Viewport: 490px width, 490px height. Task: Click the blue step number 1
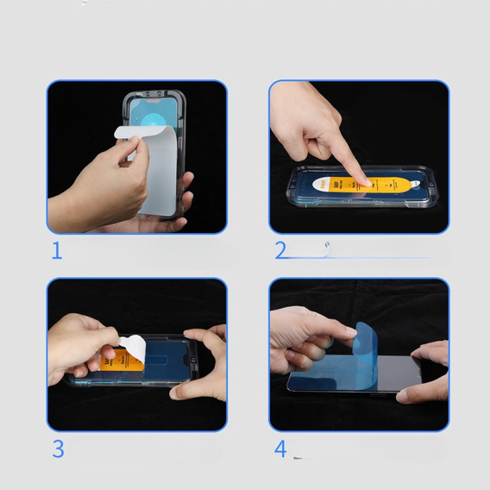click(57, 251)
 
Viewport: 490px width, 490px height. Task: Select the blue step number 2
click(280, 251)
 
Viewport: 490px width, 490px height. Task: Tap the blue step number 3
click(58, 449)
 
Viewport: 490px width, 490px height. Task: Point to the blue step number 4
click(280, 449)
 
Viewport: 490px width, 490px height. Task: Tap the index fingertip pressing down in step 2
click(365, 180)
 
